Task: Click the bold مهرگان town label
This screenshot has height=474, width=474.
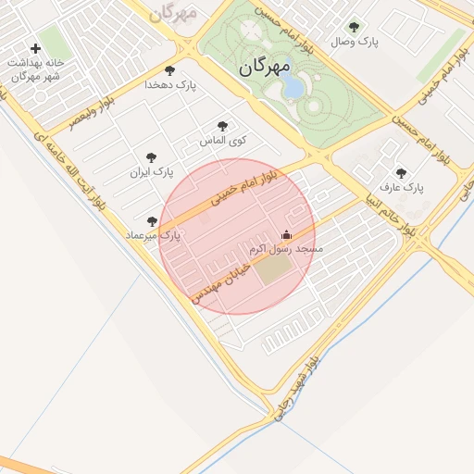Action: [x=264, y=67]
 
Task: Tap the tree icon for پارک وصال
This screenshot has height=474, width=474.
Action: [x=354, y=27]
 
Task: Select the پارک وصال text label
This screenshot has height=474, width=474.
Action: [x=355, y=42]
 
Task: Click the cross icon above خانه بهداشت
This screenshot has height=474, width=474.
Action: [x=35, y=48]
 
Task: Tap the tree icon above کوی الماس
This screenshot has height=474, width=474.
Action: [x=221, y=126]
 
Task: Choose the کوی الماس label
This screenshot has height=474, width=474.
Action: [x=223, y=141]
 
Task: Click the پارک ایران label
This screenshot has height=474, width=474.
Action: [x=152, y=172]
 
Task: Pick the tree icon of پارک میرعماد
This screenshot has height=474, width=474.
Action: [x=153, y=221]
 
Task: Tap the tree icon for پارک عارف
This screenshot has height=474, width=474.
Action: [x=401, y=172]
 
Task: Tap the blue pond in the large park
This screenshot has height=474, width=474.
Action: [x=292, y=87]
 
